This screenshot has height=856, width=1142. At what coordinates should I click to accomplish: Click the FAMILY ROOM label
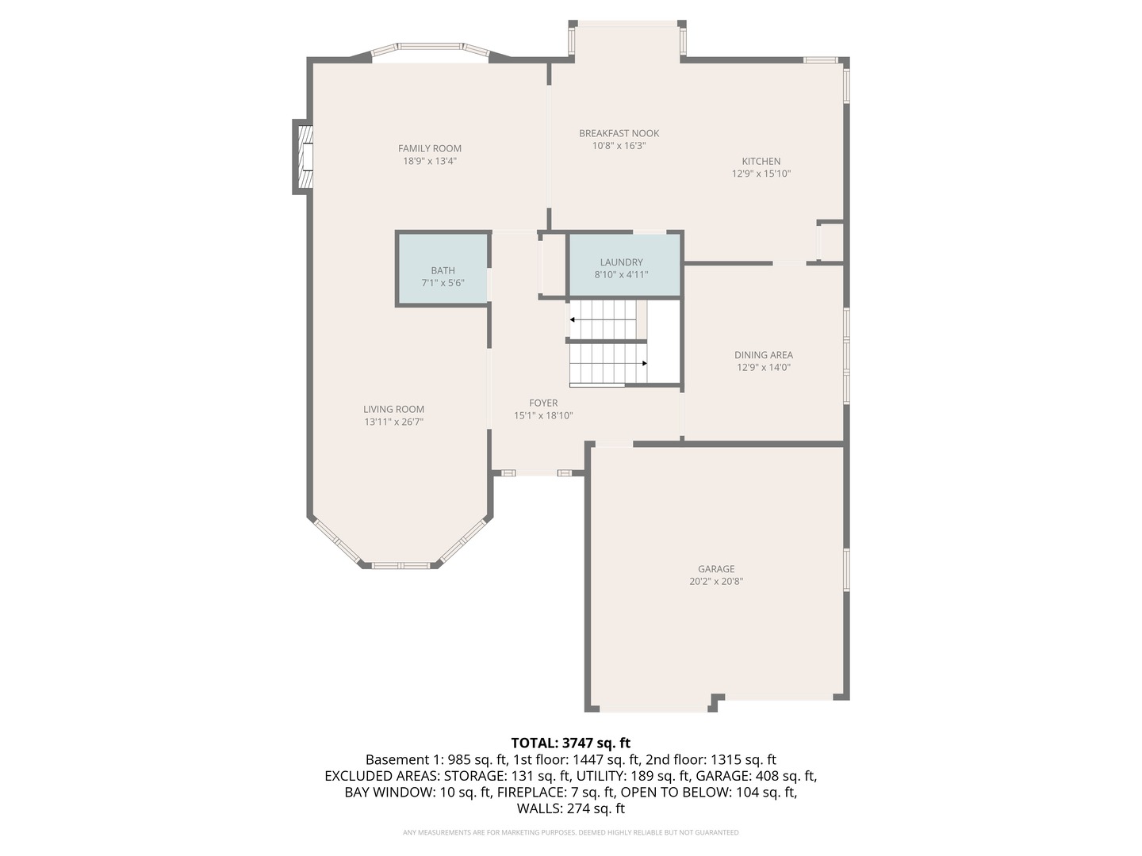(x=429, y=148)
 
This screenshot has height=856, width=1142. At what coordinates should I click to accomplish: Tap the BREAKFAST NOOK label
(x=619, y=133)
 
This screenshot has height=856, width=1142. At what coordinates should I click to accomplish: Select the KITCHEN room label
(x=761, y=161)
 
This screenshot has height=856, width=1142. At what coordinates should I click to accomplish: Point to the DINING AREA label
(x=763, y=355)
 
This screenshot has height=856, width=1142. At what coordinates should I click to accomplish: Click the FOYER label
(x=543, y=403)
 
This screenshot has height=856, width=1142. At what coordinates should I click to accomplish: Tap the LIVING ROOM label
(x=393, y=409)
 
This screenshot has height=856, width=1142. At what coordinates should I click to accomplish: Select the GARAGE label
(x=716, y=568)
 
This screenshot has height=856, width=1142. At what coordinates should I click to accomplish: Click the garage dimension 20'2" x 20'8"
(x=716, y=581)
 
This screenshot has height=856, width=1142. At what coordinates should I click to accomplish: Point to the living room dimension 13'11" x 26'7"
(x=393, y=422)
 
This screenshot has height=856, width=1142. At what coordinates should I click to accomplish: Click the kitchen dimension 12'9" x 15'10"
(x=761, y=174)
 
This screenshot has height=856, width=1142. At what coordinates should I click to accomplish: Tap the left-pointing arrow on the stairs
(x=573, y=319)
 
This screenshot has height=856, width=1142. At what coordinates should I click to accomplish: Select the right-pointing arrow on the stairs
(x=644, y=363)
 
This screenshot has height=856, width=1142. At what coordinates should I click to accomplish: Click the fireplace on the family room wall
(x=303, y=156)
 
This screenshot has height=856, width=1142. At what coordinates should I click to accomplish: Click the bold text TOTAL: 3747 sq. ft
(x=570, y=743)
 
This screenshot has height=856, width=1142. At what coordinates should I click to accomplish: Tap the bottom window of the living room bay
(x=400, y=565)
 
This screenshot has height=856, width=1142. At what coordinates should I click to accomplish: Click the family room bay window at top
(x=431, y=47)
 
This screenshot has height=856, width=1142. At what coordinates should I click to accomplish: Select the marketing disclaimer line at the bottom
(x=570, y=832)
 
